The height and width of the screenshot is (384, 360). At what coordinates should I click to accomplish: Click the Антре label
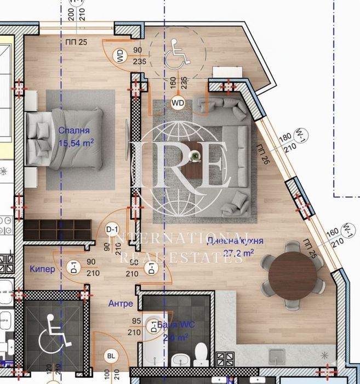(120, 302)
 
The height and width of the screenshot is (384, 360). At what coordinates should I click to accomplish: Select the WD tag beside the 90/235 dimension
(119, 55)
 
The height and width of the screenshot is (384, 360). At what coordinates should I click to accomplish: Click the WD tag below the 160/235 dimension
(178, 103)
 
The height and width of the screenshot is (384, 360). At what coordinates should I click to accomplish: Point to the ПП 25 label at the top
(69, 42)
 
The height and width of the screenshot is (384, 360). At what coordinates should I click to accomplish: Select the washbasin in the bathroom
(178, 360)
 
